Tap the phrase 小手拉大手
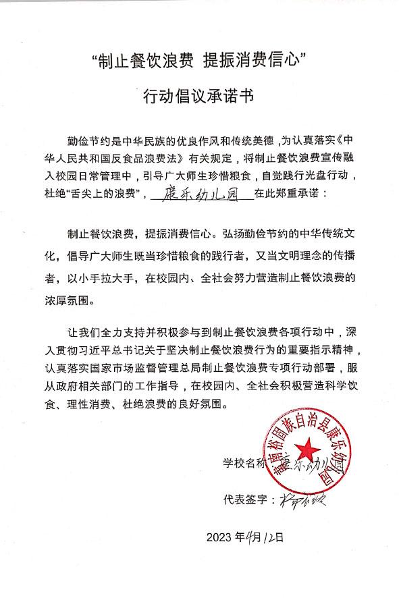(113, 277)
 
